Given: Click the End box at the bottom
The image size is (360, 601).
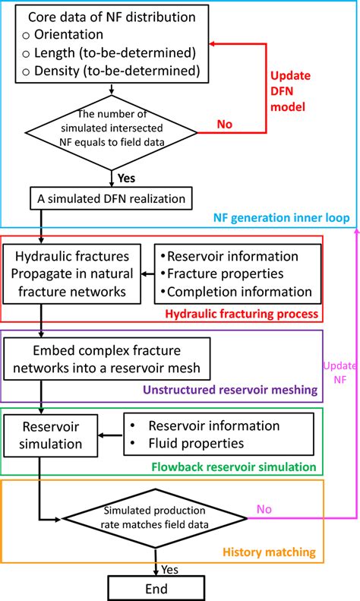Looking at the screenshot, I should pos(157,587).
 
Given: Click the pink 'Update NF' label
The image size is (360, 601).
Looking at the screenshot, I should pos(336,372).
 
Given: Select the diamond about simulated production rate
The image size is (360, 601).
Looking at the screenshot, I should pos(157,520).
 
